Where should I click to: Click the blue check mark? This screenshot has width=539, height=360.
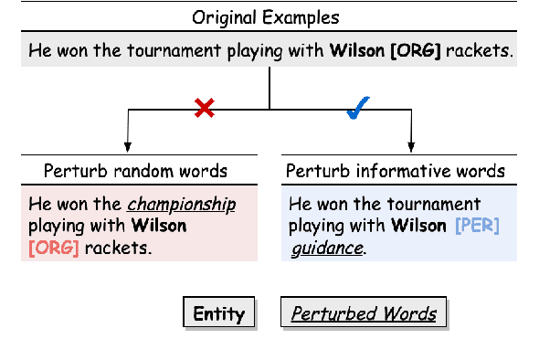click(357, 109)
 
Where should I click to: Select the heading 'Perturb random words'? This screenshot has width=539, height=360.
click(135, 171)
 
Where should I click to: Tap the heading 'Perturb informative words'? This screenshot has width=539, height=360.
click(395, 171)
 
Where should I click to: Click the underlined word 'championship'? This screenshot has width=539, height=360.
click(181, 204)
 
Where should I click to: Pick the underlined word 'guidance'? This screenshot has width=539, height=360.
click(327, 247)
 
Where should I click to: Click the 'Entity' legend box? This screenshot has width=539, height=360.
click(219, 314)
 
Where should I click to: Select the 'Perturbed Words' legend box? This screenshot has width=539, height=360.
click(364, 314)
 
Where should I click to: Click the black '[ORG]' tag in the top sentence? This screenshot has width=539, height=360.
click(416, 51)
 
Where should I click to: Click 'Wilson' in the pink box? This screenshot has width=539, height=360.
click(159, 226)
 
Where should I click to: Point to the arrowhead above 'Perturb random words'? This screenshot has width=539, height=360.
click(128, 147)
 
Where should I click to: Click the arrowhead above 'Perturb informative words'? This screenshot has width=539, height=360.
click(411, 147)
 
